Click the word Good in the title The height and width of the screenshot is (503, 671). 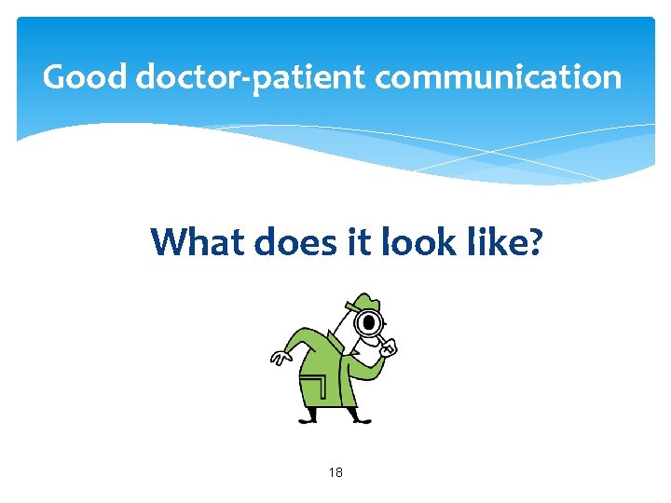tap(85, 76)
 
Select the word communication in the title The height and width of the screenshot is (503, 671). tap(499, 76)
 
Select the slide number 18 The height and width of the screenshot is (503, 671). tap(335, 473)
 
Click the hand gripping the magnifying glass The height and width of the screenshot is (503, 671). tap(389, 349)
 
